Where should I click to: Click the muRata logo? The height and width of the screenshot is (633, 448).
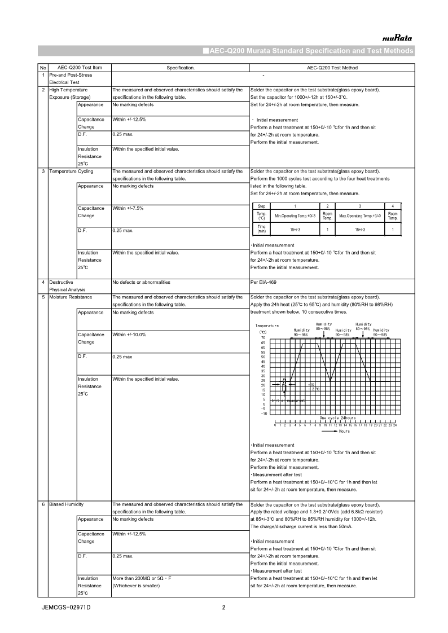click(397, 38)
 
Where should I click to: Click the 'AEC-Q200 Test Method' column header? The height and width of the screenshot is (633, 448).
click(332, 68)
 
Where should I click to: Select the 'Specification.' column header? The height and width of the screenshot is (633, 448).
click(180, 68)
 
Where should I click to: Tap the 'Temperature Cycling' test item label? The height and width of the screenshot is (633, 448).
click(71, 171)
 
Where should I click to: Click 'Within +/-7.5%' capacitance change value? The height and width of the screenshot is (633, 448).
click(128, 208)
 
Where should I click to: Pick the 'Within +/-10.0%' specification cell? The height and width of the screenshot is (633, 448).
click(130, 335)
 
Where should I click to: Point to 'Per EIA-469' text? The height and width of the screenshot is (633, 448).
click(263, 282)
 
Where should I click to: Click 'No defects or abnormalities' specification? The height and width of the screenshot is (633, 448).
click(141, 282)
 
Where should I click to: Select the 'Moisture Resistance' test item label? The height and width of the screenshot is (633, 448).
click(71, 297)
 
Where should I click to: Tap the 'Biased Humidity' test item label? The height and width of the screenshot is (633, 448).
click(66, 504)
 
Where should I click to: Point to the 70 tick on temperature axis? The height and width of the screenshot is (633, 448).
click(263, 337)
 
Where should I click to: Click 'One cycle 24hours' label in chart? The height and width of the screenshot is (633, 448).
click(338, 418)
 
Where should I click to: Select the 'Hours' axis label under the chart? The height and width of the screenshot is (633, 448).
click(344, 431)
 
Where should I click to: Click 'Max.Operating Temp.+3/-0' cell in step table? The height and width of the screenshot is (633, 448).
click(360, 216)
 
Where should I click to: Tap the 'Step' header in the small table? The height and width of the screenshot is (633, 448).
click(261, 206)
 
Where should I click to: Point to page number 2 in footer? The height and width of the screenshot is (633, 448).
click(223, 608)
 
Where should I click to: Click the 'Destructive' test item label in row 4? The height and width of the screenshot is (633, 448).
click(60, 282)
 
